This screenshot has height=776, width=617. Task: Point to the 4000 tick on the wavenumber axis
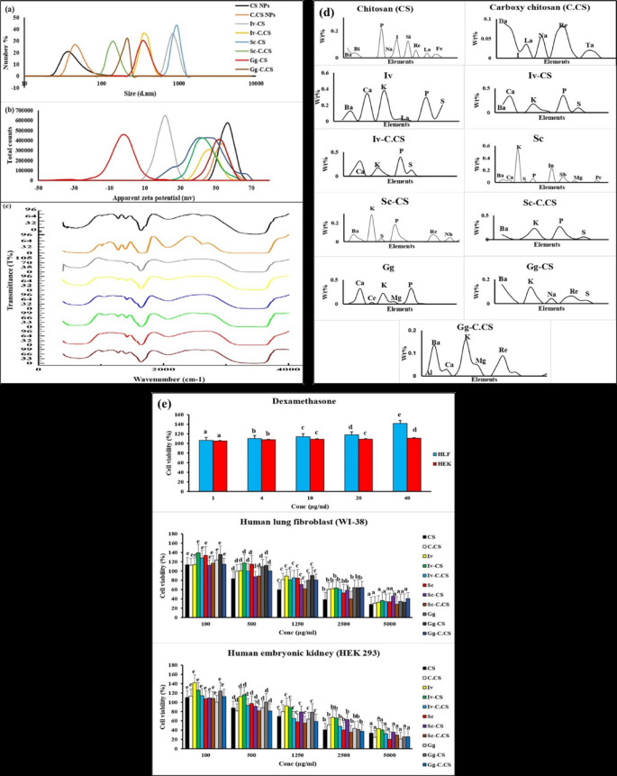pyautogui.click(x=287, y=370)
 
